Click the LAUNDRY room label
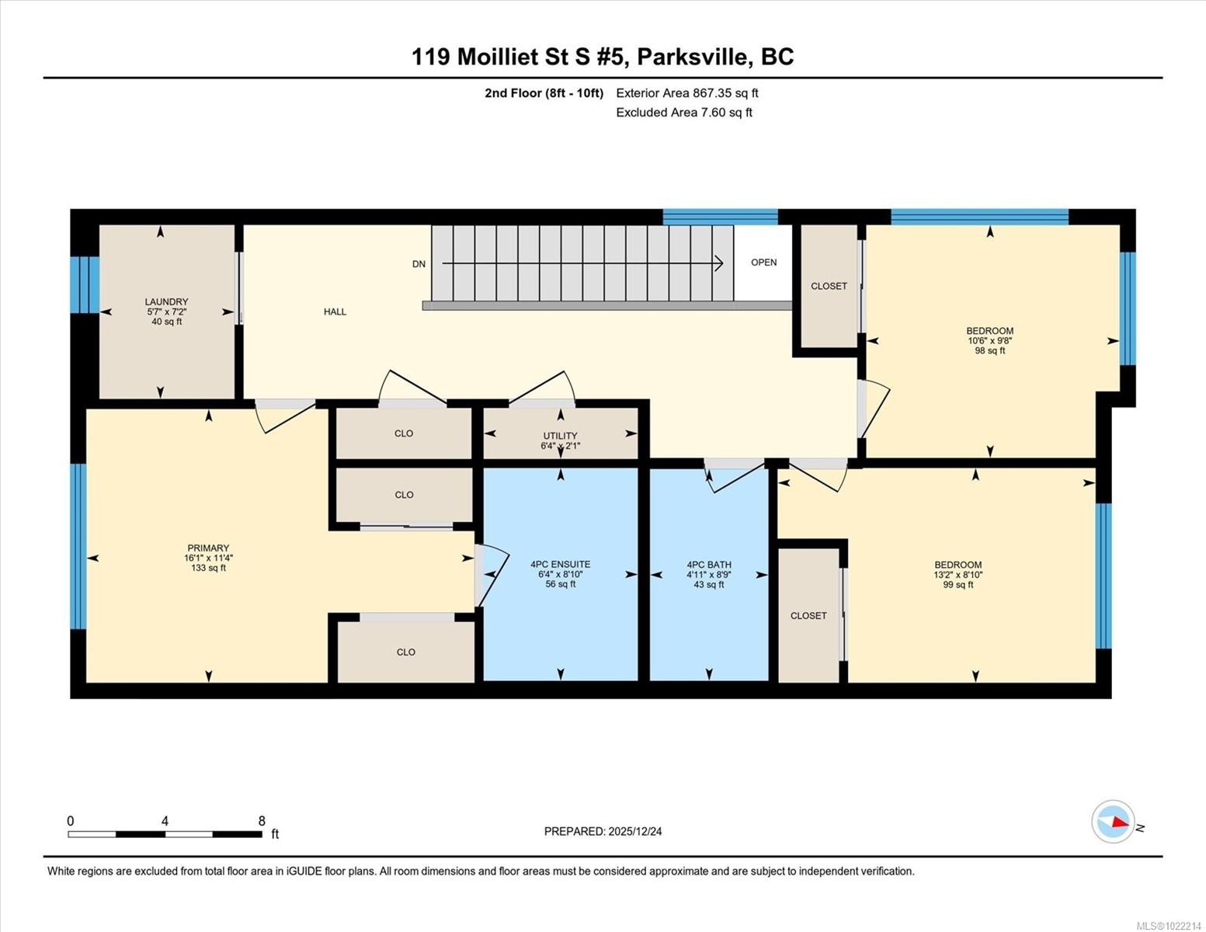166,302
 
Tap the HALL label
335,311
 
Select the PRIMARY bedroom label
208,548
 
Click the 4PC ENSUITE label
560,565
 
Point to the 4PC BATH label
708,565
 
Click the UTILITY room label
560,436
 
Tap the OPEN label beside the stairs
763,263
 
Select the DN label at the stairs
419,264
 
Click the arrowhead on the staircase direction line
719,264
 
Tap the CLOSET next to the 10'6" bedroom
829,286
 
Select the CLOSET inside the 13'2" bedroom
808,616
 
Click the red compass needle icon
1118,822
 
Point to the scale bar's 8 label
262,821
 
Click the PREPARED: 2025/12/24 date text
603,831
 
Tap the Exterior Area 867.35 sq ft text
686,93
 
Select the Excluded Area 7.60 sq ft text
683,113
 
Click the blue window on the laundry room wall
85,284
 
